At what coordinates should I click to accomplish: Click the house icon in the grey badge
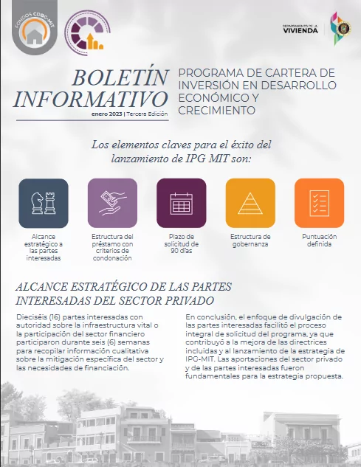pos(33,35)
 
